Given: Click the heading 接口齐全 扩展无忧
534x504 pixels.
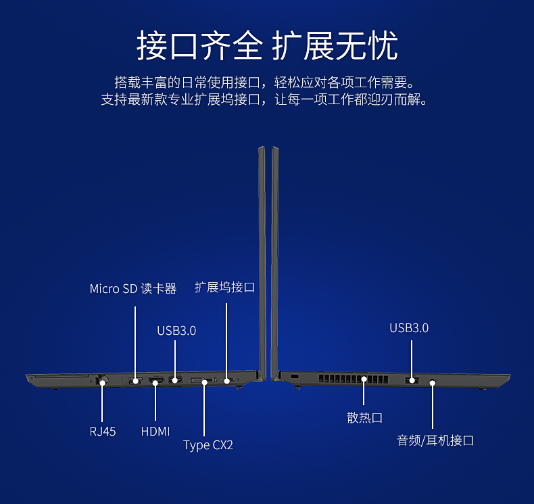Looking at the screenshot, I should (x=267, y=46).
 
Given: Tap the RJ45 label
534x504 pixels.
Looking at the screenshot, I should (x=103, y=431).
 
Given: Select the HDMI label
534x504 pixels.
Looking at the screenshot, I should (x=155, y=431).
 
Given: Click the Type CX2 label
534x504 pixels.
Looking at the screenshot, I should (x=208, y=445).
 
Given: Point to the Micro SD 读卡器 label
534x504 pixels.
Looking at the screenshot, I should (x=133, y=289).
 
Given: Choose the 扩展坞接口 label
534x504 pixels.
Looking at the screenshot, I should (x=224, y=288).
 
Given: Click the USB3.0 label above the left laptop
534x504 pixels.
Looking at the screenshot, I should (x=176, y=331).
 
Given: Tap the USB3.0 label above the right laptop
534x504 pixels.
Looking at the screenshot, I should (x=409, y=328).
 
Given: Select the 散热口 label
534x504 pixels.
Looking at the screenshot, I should (x=364, y=417).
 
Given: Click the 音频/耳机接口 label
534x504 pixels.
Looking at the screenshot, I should (x=435, y=440).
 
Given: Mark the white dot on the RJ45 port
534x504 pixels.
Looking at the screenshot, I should (x=103, y=383).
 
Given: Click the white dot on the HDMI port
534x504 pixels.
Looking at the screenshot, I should (x=155, y=383).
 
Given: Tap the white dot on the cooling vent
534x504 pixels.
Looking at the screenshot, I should (x=364, y=380).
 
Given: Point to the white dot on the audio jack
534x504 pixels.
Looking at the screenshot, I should (x=433, y=383).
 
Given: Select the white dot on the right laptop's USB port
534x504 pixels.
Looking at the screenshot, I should (x=411, y=382).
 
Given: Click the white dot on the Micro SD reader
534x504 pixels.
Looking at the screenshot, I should (x=135, y=381).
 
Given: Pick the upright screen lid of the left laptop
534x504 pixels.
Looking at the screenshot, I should (x=262, y=257).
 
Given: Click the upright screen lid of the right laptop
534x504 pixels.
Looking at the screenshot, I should (x=275, y=257).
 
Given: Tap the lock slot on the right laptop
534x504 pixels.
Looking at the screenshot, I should (x=294, y=376).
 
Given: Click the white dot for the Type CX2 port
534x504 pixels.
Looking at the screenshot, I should (x=205, y=382).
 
